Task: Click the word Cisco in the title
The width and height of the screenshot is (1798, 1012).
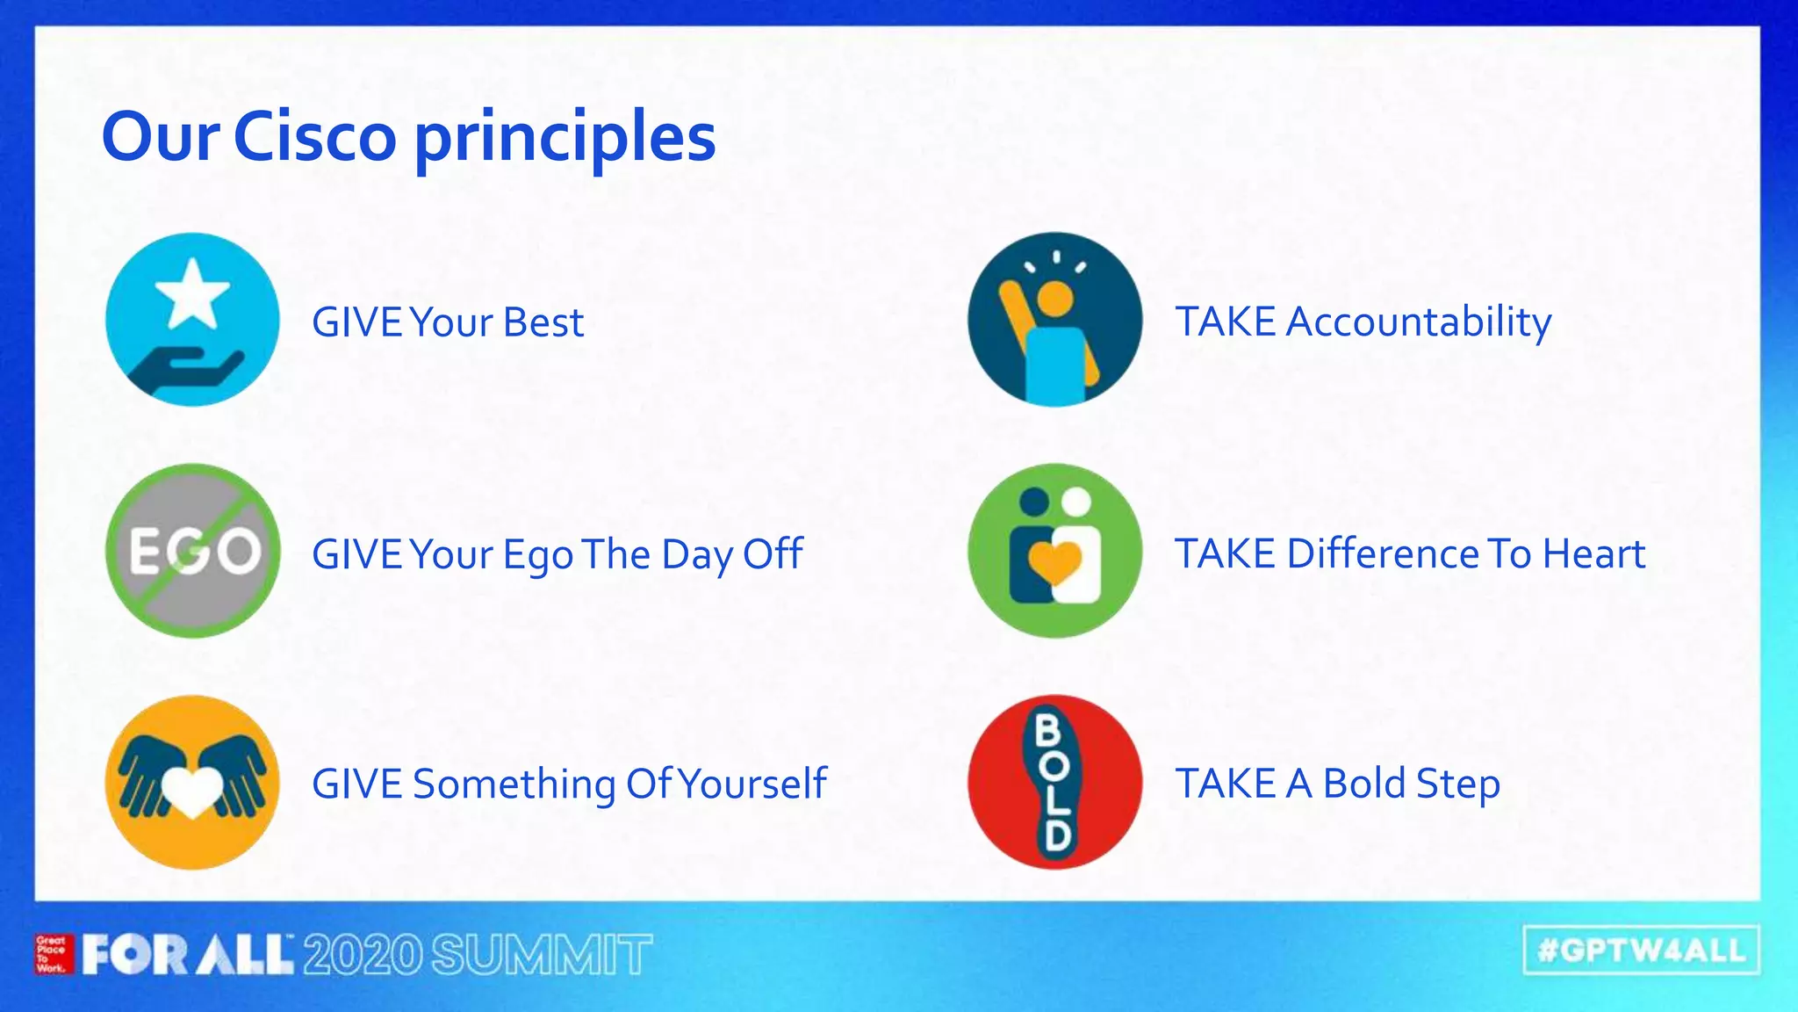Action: (315, 137)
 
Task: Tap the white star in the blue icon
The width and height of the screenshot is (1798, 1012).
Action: (191, 293)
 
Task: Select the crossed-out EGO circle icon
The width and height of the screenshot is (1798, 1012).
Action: (193, 551)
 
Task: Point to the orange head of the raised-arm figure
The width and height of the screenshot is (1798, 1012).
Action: (1054, 297)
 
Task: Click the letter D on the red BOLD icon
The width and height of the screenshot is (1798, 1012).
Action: (1056, 835)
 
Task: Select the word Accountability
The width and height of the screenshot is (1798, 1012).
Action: (1419, 322)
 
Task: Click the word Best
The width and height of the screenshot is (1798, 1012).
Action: (543, 322)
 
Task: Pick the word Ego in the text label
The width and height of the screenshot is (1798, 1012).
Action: (537, 555)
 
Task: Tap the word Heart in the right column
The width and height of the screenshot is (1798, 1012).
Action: (1593, 554)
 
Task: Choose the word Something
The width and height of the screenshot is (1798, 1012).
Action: (514, 784)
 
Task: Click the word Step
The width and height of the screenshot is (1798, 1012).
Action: (1457, 784)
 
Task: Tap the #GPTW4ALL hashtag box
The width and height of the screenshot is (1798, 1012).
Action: (1641, 950)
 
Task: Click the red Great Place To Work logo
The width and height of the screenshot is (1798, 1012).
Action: (53, 954)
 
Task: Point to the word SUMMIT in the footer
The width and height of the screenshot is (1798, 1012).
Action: (542, 955)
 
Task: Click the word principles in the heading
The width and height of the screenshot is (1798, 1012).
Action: (565, 139)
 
